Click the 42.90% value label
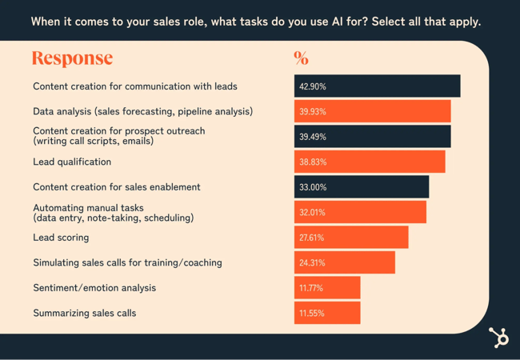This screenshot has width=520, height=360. [313, 86]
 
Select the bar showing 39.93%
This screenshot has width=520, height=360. [372, 111]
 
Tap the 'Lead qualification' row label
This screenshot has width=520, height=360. [72, 162]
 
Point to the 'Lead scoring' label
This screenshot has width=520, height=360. [61, 238]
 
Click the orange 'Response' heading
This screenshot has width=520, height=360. [72, 58]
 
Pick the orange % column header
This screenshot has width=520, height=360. [301, 58]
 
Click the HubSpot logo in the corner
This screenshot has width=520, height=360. [499, 338]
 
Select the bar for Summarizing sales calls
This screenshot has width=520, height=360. [327, 313]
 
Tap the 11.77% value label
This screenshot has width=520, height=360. [312, 288]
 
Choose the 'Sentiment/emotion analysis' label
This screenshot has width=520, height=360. [94, 288]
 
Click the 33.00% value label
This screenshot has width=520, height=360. [313, 187]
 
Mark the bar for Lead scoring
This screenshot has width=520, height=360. [351, 238]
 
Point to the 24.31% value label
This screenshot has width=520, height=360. [313, 262]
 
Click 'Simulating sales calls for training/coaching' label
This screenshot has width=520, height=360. [127, 262]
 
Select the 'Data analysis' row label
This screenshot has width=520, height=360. [142, 111]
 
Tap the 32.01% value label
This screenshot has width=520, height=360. [313, 212]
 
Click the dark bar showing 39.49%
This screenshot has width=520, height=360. [372, 137]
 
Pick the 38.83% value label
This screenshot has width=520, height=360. [313, 162]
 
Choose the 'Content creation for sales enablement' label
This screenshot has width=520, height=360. [117, 187]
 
